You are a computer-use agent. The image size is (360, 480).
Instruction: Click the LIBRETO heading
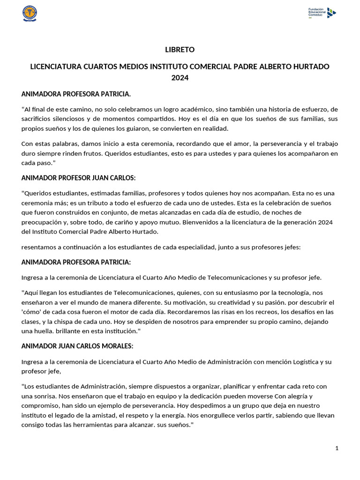(180, 50)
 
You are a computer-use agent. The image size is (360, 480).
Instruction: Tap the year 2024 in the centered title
(180, 78)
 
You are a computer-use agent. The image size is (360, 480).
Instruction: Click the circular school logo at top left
(30, 13)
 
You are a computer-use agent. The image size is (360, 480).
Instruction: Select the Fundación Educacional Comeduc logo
(322, 13)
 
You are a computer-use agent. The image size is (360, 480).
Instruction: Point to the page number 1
(337, 448)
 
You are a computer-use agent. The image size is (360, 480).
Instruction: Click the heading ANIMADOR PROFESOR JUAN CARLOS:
(78, 178)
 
